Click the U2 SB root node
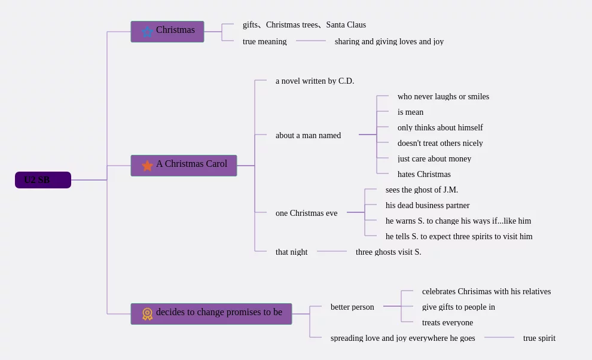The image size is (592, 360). [x=43, y=180]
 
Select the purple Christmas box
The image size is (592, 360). [x=167, y=32]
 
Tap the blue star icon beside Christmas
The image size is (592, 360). [x=147, y=32]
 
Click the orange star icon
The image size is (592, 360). [x=147, y=166]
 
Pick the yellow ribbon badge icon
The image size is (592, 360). [x=147, y=314]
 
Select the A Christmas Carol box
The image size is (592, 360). [x=184, y=166]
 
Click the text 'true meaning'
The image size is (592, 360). [x=265, y=41]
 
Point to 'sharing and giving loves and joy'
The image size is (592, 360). [x=389, y=41]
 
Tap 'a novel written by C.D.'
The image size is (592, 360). [x=315, y=81]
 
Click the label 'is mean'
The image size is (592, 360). [x=410, y=112]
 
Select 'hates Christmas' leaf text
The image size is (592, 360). [x=424, y=174]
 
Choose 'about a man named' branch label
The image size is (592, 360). [x=308, y=135]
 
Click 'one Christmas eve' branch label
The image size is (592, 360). [x=307, y=213]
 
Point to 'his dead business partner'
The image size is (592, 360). [x=428, y=205]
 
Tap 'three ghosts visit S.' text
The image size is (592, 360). [x=388, y=252]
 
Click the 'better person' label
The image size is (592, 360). [x=352, y=307]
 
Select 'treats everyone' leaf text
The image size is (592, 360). [x=447, y=322]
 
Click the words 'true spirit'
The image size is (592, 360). [x=539, y=338]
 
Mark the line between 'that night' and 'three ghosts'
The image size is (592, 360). [x=332, y=251]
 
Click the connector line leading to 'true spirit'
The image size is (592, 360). [x=499, y=337]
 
